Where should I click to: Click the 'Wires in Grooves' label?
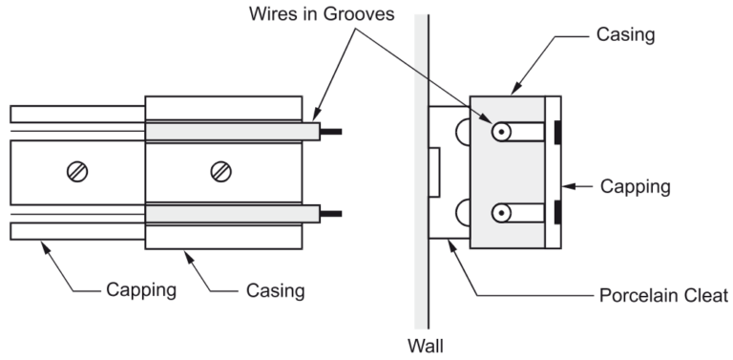click(x=322, y=13)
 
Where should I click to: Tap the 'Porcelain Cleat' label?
click(x=663, y=295)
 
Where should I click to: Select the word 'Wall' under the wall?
click(x=425, y=346)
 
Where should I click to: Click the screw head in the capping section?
click(x=77, y=172)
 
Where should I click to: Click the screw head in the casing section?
click(x=220, y=172)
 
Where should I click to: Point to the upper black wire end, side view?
click(x=331, y=132)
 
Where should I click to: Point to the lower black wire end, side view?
click(x=331, y=214)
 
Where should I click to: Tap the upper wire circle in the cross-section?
click(x=501, y=133)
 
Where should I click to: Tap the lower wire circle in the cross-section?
click(x=501, y=213)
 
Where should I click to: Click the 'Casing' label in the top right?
click(x=625, y=34)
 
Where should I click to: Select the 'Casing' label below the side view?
click(x=275, y=291)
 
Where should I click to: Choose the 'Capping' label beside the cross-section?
click(x=636, y=186)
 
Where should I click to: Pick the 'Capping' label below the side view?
click(x=141, y=290)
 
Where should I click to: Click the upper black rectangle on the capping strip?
click(x=557, y=133)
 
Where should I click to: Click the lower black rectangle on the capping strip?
click(x=557, y=212)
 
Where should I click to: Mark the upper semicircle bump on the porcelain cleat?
click(x=462, y=132)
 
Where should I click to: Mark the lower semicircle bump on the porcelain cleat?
click(x=462, y=213)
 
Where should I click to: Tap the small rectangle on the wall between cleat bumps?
click(x=434, y=173)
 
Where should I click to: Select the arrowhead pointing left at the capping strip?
click(x=568, y=186)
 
